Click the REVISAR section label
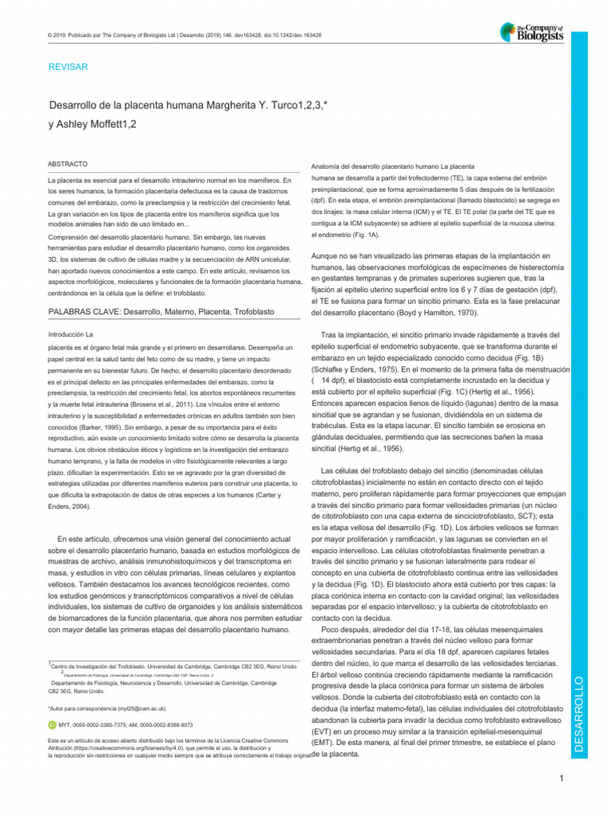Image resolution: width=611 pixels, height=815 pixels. pyautogui.click(x=68, y=67)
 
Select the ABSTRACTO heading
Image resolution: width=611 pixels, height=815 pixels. pyautogui.click(x=68, y=163)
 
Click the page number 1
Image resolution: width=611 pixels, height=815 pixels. pyautogui.click(x=562, y=778)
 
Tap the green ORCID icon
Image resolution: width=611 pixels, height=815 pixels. pyautogui.click(x=53, y=725)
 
